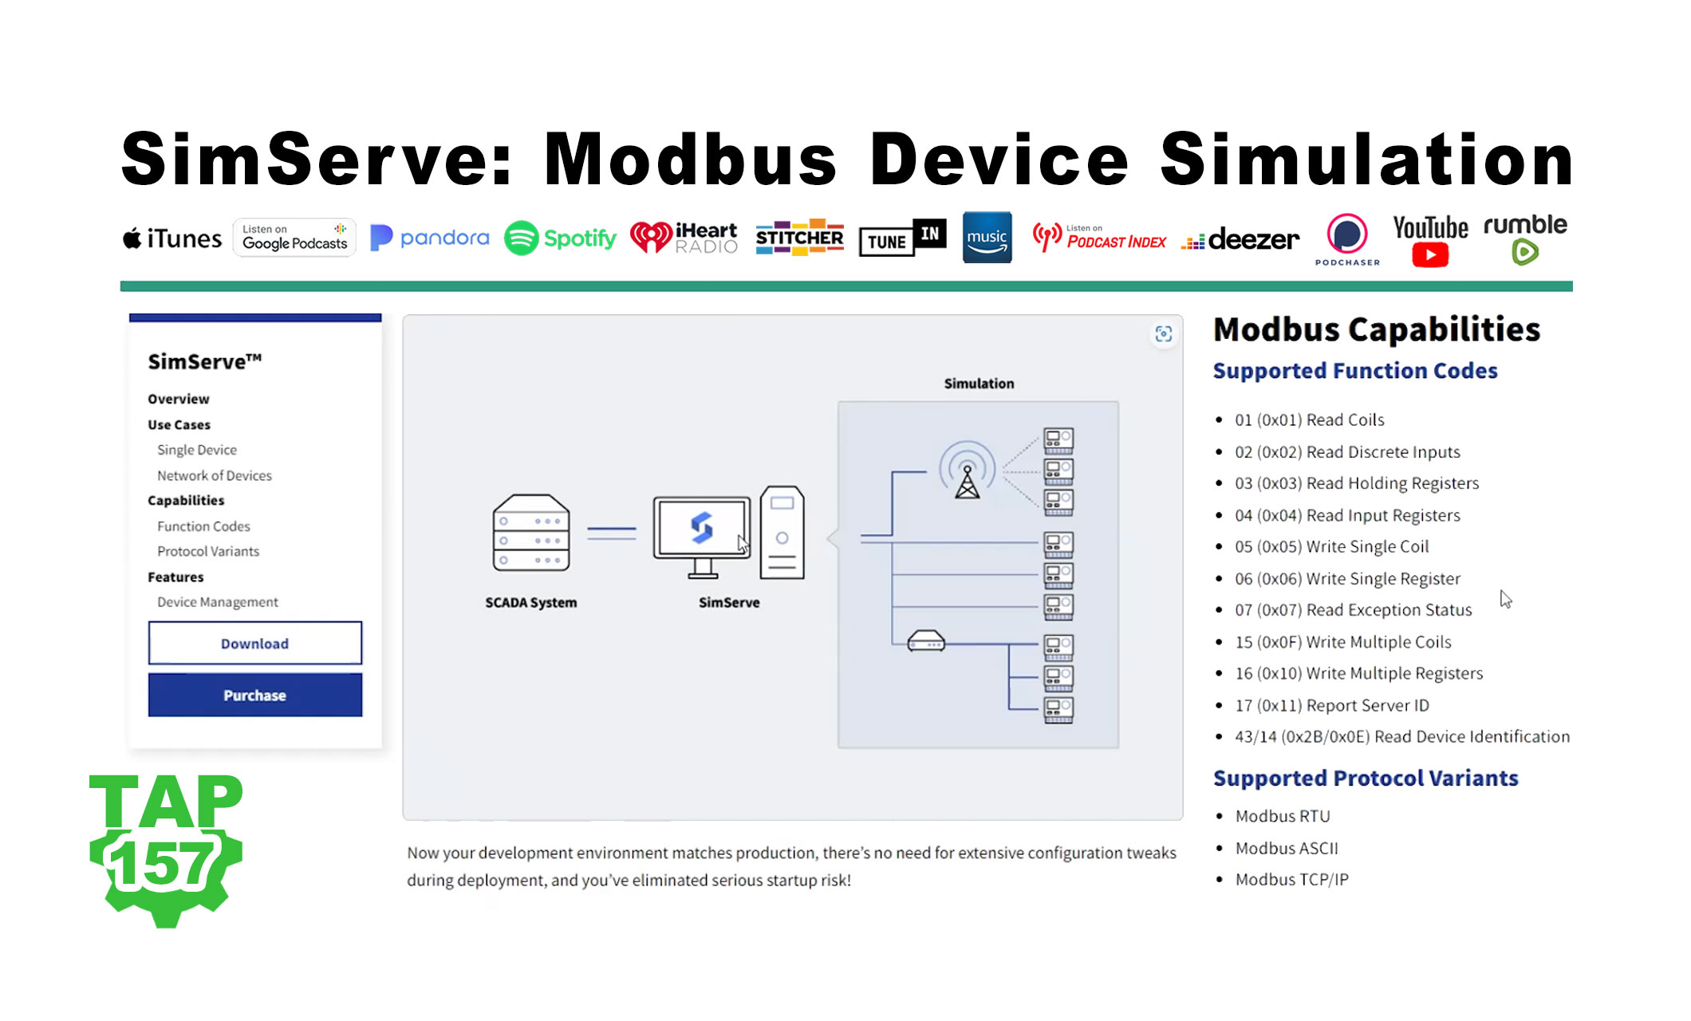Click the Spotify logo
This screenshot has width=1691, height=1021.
tap(560, 238)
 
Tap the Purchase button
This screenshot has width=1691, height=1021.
tap(254, 695)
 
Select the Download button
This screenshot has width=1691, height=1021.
tap(254, 643)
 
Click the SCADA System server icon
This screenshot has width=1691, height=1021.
tap(530, 532)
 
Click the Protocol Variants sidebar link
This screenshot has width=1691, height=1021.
tap(207, 551)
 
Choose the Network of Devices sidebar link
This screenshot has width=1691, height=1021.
tap(214, 475)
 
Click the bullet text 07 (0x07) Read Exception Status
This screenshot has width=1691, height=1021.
tap(1353, 610)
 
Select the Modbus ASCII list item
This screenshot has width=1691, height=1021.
tap(1286, 848)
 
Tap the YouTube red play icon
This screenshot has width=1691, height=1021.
tap(1430, 255)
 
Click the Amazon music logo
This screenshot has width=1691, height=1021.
tap(987, 238)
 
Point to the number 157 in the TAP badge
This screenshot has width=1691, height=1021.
tap(164, 863)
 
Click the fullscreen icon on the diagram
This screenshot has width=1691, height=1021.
tap(1163, 334)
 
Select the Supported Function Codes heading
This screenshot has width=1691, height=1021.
tap(1354, 371)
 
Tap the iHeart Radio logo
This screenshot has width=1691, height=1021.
tap(684, 238)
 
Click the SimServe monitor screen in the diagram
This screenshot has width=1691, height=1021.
tap(701, 527)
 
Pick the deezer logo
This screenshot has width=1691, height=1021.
tap(1241, 238)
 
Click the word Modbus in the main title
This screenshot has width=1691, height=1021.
tap(690, 160)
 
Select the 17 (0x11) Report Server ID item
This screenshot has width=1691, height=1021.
tap(1331, 705)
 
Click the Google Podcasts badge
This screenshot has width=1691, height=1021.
tap(294, 238)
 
